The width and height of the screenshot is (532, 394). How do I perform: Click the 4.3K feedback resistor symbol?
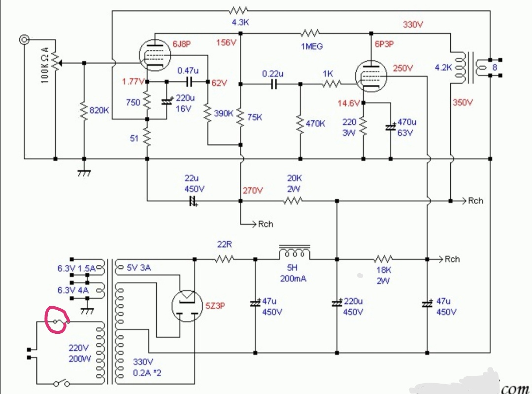tap(238, 10)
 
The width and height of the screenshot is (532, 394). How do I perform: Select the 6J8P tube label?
tap(181, 44)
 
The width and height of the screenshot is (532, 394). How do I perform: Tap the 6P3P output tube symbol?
tap(371, 76)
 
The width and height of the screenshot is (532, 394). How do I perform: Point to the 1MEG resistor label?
tap(311, 46)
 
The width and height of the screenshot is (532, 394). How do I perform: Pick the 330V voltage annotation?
tap(413, 25)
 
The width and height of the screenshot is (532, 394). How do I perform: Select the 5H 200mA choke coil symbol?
tap(294, 252)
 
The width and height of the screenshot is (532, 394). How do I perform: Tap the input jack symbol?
tap(24, 40)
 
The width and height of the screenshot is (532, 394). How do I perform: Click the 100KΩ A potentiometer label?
tap(45, 65)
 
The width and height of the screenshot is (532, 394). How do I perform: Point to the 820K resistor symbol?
tap(84, 111)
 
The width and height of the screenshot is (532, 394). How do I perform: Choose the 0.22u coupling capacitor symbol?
tap(273, 84)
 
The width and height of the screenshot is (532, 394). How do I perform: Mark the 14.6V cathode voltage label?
tap(348, 103)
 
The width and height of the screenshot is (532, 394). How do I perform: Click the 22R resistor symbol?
tap(224, 259)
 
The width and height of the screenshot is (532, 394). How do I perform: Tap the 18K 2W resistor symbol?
tap(383, 259)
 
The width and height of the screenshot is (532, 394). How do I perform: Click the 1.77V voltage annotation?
tap(133, 81)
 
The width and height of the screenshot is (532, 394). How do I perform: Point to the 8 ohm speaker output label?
tap(495, 67)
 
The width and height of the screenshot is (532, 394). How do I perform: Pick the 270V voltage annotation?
tap(252, 190)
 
